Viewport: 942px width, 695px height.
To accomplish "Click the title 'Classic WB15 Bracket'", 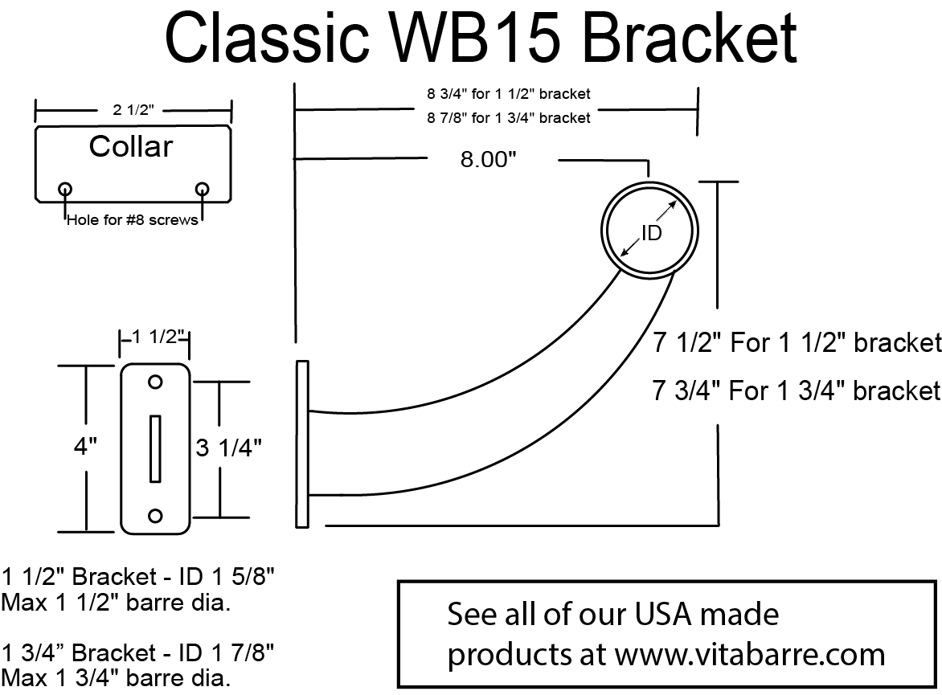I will click(481, 38).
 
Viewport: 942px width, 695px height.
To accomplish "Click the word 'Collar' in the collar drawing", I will click(130, 146).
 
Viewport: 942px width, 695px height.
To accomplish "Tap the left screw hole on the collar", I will click(65, 189).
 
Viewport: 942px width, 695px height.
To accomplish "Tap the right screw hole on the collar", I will click(202, 189).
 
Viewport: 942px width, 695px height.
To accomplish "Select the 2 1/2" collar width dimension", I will click(133, 111).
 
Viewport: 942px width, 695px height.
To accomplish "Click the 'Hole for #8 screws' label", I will click(132, 219).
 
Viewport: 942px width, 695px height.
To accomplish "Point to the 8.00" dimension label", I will click(487, 160).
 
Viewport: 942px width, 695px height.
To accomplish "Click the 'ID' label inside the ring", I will click(651, 233).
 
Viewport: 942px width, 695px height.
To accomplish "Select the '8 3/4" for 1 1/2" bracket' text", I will click(508, 94).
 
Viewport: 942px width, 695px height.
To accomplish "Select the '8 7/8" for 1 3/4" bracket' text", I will click(508, 118).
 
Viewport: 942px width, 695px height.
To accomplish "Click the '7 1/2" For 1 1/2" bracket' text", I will click(796, 343).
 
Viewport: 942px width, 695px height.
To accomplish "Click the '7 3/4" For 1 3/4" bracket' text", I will click(796, 390).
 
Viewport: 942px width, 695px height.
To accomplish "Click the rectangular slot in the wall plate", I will click(156, 448).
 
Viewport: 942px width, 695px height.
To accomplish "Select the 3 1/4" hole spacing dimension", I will click(229, 448).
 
